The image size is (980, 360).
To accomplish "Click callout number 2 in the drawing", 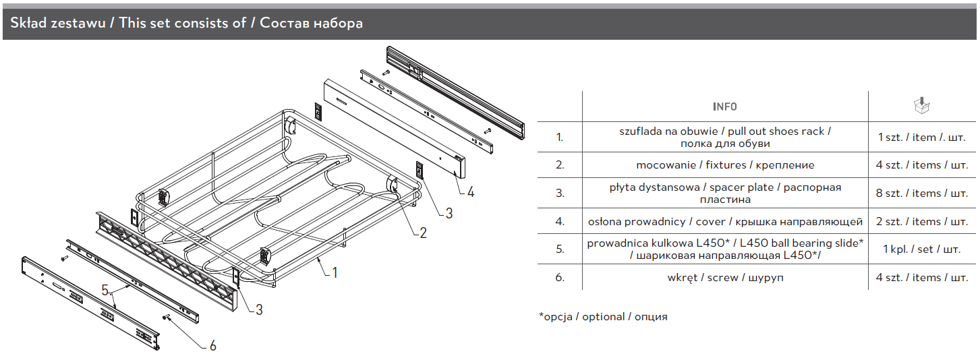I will point(423,233).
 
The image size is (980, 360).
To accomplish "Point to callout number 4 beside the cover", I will point(470,191).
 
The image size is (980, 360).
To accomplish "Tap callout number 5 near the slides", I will point(105,290).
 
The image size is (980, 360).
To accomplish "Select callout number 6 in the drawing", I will point(212,345).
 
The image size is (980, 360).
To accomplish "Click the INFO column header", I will point(724,107).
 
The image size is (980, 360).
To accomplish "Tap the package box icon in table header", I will point(921,105).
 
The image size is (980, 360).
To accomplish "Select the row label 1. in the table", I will point(559,137).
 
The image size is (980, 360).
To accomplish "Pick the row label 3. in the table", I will point(559,193).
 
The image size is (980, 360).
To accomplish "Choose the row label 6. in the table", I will point(559,277).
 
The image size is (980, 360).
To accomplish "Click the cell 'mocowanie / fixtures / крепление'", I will point(725,164).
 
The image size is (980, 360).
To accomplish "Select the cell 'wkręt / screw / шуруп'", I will point(725,277).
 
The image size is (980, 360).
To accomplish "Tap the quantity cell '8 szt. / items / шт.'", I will point(921,193).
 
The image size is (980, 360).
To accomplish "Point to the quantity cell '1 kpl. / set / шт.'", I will point(921,249).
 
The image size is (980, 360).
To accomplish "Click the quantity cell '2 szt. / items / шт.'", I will point(921,221).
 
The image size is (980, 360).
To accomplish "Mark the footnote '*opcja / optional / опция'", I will point(602,316).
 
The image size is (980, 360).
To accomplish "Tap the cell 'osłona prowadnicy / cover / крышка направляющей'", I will point(725,221).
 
